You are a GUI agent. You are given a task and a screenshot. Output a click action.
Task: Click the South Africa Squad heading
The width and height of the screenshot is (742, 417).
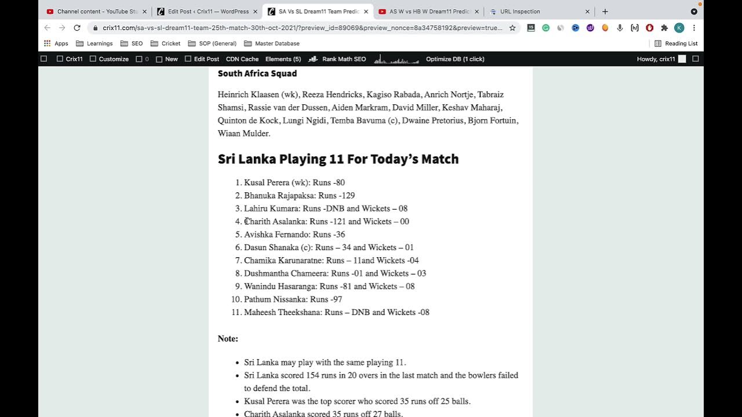coord(257,74)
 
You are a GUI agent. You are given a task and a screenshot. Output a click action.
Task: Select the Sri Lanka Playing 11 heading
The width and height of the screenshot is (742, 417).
coord(338,159)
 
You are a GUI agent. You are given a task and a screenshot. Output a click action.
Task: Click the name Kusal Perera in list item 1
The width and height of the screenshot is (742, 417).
coord(267,182)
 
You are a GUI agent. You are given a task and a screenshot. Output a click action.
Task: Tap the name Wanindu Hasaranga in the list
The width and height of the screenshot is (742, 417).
coord(281,286)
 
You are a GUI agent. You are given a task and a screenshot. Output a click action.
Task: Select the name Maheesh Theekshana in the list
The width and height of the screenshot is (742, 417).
coord(283,312)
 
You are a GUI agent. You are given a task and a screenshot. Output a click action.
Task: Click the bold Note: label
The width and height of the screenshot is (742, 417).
coord(228,339)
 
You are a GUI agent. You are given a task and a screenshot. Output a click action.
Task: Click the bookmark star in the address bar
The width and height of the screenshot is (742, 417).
coord(512,28)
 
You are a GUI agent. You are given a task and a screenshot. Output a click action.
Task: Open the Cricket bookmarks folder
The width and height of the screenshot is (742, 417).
coord(170,43)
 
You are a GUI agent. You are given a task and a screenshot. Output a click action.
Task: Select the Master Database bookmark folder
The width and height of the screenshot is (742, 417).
coord(277,43)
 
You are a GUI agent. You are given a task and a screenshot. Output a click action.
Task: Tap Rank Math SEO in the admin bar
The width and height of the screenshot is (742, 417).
coord(343,59)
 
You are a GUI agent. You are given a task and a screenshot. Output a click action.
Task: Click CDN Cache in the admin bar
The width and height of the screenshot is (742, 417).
coord(242,59)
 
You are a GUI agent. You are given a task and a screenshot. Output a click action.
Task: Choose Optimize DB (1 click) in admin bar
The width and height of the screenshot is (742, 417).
coord(454,59)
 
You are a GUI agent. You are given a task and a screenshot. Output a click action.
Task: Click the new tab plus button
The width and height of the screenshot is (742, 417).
coord(605,12)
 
